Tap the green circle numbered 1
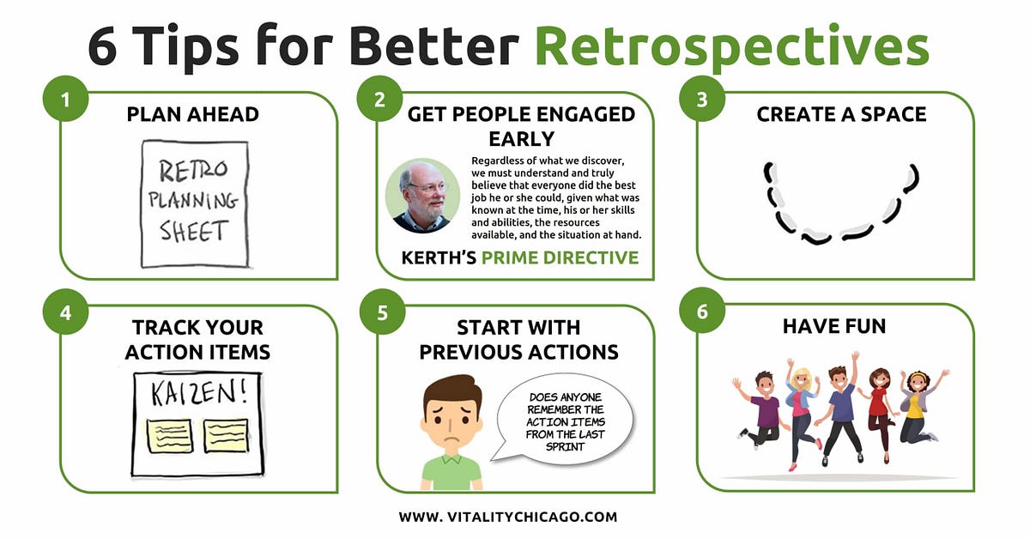(65, 100)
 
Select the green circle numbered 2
(380, 100)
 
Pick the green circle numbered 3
(701, 100)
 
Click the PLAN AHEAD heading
(193, 115)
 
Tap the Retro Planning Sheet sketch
(194, 204)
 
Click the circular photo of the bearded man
(422, 196)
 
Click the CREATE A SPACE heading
(841, 115)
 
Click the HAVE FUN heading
(834, 327)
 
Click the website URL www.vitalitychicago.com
(508, 517)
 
